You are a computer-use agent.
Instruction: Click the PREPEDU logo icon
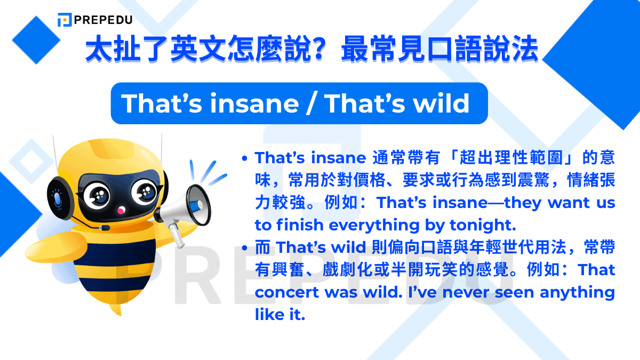[x=65, y=20]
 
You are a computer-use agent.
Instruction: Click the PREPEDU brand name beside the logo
[x=103, y=20]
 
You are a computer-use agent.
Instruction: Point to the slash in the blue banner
[x=309, y=104]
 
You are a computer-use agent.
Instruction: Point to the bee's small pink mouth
[x=121, y=211]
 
